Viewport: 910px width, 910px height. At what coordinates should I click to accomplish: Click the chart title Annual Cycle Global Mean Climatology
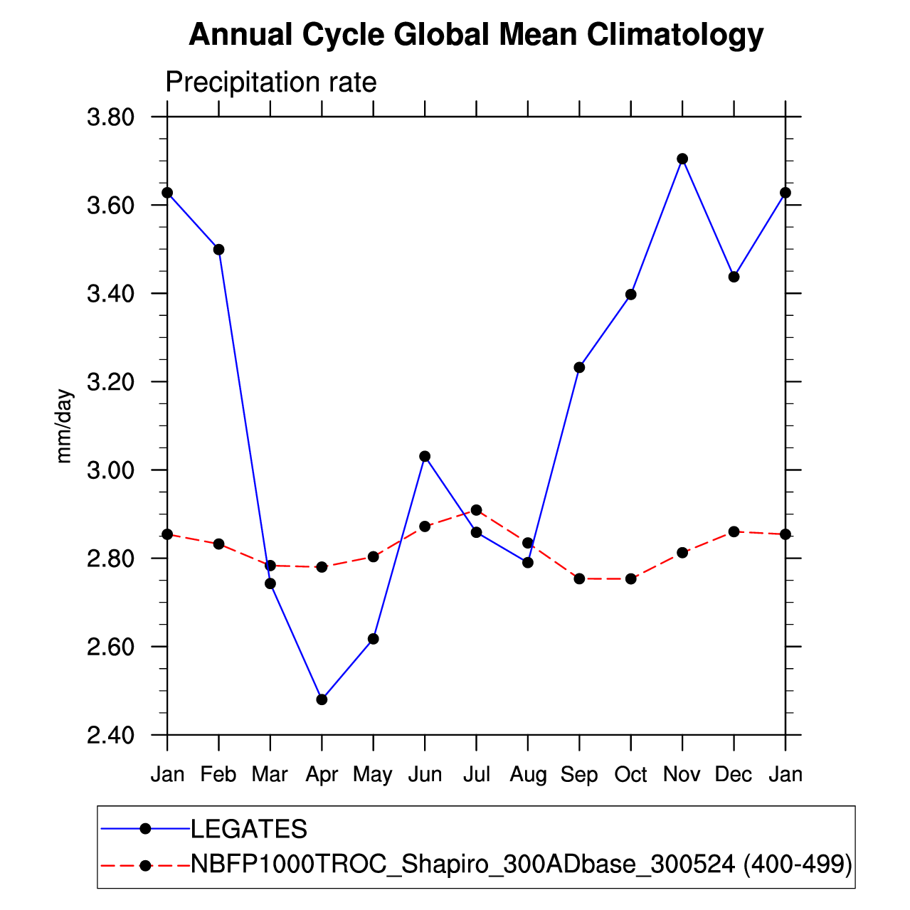(476, 35)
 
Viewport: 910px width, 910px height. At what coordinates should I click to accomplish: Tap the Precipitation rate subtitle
(271, 83)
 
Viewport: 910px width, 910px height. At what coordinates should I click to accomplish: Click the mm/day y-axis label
(65, 426)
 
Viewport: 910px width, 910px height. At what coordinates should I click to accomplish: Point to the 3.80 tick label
(110, 117)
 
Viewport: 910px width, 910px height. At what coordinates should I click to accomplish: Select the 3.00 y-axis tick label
(110, 470)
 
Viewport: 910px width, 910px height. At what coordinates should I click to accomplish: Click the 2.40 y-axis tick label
(110, 736)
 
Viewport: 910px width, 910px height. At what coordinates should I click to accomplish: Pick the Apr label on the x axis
(322, 775)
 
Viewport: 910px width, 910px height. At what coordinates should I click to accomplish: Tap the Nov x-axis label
(682, 774)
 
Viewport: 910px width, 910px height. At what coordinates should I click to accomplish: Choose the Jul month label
(476, 774)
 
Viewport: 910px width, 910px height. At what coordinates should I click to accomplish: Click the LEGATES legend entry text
(249, 829)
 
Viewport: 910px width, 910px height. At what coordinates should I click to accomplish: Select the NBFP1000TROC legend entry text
(521, 864)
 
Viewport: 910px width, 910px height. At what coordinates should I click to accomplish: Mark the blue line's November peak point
(682, 159)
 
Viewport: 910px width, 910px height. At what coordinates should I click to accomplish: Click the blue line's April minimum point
(322, 699)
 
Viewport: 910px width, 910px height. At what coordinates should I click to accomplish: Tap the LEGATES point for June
(425, 456)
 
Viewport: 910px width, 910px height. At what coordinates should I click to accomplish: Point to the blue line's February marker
(218, 250)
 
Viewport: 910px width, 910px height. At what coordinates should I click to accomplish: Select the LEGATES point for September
(579, 367)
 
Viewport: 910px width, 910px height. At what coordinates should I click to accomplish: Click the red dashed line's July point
(476, 510)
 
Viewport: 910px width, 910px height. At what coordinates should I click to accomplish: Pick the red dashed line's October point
(630, 578)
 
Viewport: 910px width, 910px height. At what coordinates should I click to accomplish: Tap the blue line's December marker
(734, 277)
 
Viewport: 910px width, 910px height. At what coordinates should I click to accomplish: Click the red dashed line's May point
(373, 556)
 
